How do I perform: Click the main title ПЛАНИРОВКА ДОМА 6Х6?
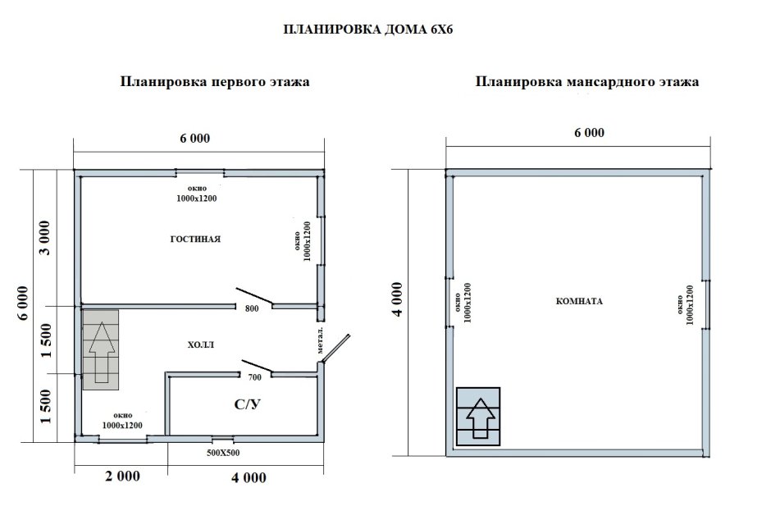point(368,29)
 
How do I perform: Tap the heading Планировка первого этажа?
point(215,82)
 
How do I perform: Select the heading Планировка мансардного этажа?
point(586,82)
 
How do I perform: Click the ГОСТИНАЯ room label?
point(196,239)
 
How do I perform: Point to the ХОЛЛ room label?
point(200,345)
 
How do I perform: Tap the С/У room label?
point(248,404)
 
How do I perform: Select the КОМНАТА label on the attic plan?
point(578,301)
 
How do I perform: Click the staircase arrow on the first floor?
point(101,352)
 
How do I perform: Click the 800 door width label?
point(252,309)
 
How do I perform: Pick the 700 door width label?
point(254,377)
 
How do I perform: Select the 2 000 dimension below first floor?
point(122,477)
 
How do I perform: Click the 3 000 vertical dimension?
point(46,238)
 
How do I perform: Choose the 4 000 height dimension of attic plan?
point(397,302)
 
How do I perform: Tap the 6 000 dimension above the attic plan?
point(589,133)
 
